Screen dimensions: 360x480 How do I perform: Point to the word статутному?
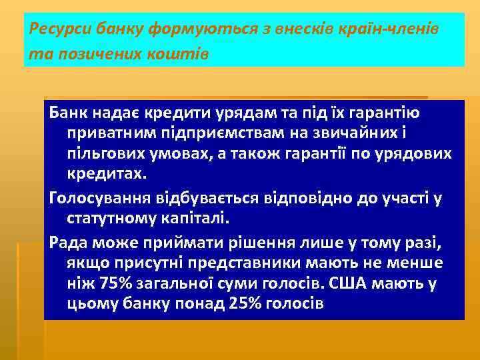pos(109,218)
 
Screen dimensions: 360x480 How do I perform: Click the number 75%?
pos(117,283)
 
